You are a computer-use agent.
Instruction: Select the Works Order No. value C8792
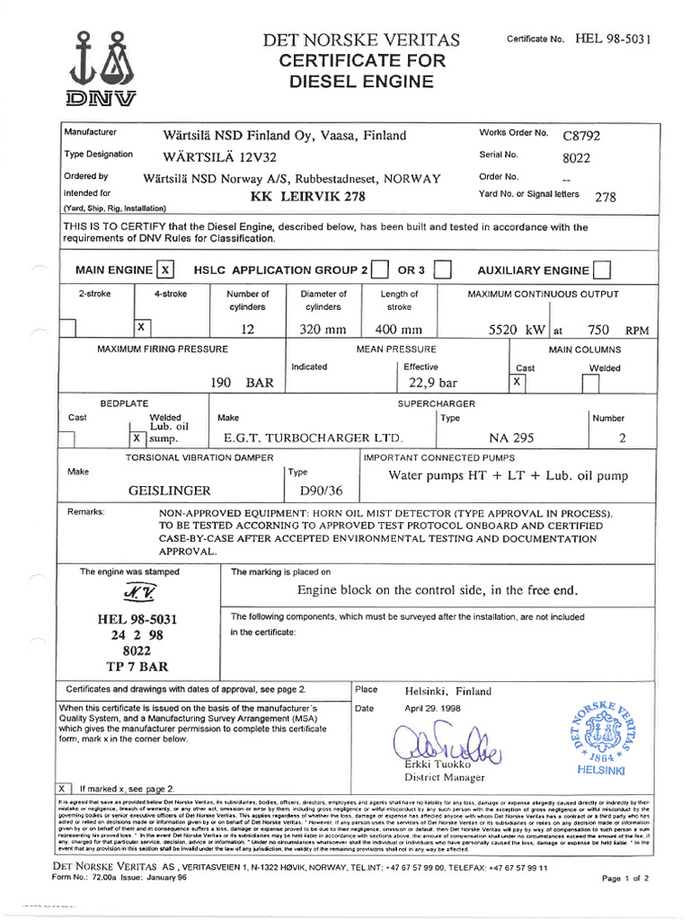point(581,136)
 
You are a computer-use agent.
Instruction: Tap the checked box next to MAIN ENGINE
point(164,270)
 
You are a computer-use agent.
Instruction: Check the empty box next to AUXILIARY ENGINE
point(603,270)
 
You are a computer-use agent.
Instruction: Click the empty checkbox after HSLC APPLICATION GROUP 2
point(379,270)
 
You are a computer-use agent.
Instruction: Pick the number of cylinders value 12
point(248,329)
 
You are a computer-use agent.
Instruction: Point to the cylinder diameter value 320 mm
point(323,329)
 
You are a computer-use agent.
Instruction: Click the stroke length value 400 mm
point(398,329)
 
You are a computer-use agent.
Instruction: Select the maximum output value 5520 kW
point(517,329)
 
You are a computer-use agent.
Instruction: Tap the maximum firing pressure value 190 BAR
point(242,383)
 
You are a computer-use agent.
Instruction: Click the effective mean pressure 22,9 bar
point(432,383)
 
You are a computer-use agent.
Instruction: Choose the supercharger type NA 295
point(511,438)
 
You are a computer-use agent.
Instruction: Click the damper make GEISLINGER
point(171,491)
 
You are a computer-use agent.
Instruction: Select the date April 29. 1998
point(432,708)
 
